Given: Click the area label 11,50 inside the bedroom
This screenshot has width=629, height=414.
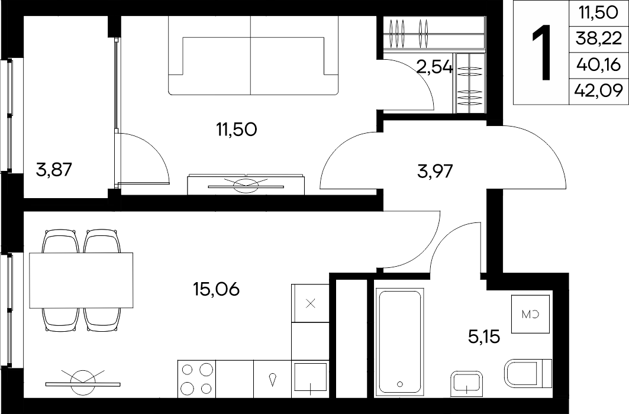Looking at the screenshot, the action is (x=236, y=130).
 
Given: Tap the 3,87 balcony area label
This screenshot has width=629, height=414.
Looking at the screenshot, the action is (x=54, y=170).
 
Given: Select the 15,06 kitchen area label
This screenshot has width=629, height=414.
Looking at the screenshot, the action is (x=216, y=289).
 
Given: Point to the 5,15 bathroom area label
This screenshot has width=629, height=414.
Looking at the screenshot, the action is (x=484, y=337).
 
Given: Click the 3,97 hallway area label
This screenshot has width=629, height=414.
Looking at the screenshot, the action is (x=436, y=171).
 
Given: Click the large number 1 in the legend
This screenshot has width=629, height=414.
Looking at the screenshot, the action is (x=541, y=53).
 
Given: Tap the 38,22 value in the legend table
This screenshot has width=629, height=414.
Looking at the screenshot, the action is (x=598, y=39).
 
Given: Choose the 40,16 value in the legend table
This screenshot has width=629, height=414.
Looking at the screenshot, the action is (x=598, y=64).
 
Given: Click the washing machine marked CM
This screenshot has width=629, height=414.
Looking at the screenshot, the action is (x=530, y=314).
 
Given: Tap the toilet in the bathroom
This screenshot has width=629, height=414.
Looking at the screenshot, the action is (x=527, y=374).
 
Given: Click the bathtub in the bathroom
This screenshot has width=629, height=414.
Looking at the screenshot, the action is (x=400, y=341).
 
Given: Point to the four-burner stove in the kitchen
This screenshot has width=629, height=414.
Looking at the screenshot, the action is (x=196, y=379).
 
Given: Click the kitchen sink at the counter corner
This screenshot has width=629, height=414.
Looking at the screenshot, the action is (x=311, y=377).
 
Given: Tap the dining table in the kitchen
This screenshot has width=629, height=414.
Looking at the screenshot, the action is (x=81, y=280).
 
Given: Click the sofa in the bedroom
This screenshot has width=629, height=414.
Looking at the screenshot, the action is (x=253, y=56).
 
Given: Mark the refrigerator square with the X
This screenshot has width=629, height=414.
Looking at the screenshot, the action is (x=311, y=303).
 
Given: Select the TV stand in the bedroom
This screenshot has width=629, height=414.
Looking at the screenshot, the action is (x=246, y=185).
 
